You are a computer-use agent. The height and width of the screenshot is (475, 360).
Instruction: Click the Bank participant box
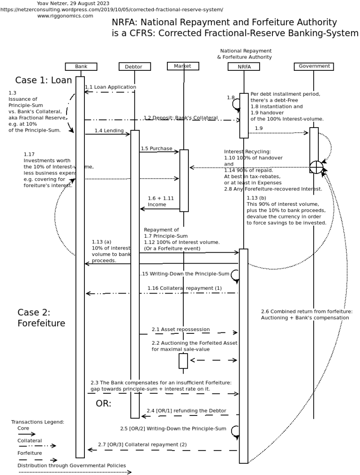click(x=81, y=67)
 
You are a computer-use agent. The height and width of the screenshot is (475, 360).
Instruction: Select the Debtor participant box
click(x=135, y=67)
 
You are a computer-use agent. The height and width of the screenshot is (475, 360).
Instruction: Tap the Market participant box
click(x=183, y=66)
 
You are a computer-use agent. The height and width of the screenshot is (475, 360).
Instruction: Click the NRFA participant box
click(x=244, y=67)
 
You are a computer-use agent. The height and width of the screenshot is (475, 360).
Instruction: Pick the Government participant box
click(x=314, y=66)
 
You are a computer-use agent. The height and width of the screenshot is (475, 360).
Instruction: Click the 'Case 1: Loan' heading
click(x=44, y=80)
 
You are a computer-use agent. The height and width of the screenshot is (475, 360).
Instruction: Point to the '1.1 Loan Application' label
click(x=111, y=87)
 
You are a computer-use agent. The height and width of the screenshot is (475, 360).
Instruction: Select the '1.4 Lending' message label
click(x=109, y=130)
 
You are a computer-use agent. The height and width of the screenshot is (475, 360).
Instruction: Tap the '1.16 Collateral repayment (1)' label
click(x=185, y=288)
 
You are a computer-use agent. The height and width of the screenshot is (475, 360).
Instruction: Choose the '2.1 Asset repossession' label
click(x=180, y=329)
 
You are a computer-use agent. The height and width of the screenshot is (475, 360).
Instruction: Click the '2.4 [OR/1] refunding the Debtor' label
click(x=186, y=411)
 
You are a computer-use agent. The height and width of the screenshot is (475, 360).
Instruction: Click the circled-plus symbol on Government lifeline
click(x=316, y=167)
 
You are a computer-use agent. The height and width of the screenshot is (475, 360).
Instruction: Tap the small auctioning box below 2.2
click(x=183, y=361)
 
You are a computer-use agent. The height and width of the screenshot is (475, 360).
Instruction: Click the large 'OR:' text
click(x=104, y=404)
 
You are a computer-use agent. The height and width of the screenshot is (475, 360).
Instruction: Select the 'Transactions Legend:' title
click(x=37, y=422)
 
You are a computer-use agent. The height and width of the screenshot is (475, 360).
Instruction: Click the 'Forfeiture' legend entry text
click(x=30, y=453)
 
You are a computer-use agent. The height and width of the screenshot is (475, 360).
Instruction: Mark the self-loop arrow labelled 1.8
click(x=236, y=104)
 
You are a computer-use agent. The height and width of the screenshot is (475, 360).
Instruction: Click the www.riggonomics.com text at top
click(x=65, y=15)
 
